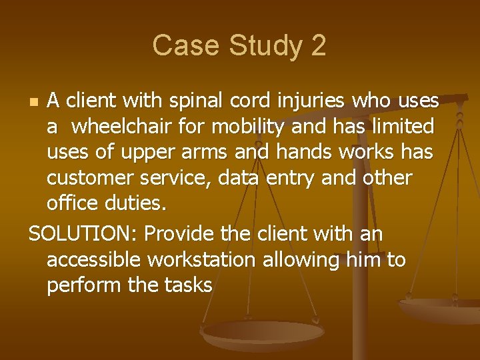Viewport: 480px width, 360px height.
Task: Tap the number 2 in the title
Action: pos(317,45)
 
